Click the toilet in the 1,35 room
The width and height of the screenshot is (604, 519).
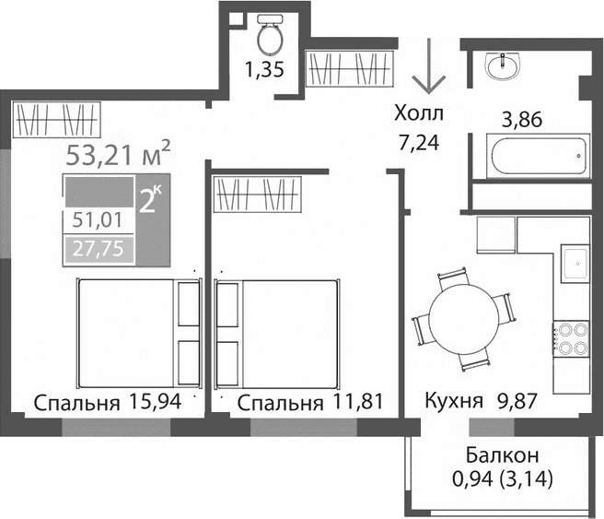(x=270, y=36)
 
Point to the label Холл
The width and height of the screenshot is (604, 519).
(x=419, y=114)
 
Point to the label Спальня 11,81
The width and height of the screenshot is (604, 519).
(x=308, y=403)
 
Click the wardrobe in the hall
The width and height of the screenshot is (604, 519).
(x=350, y=68)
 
